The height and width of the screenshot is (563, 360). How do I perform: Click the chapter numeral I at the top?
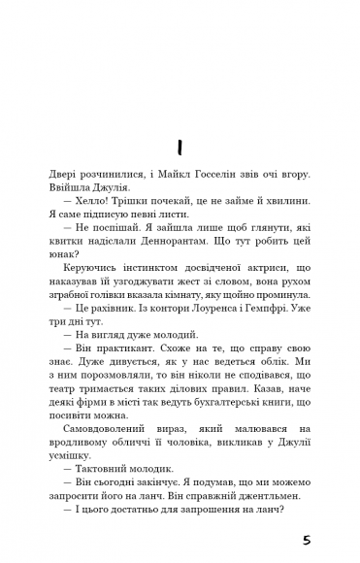[x=180, y=146]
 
